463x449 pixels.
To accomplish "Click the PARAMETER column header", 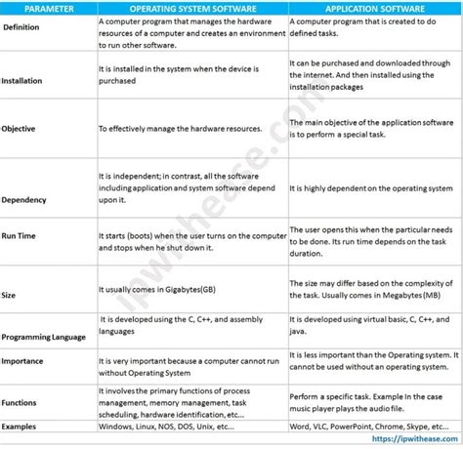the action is pyautogui.click(x=46, y=9).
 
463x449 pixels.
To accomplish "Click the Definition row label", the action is pyautogui.click(x=22, y=27).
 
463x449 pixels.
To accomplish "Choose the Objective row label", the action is pyautogui.click(x=21, y=128).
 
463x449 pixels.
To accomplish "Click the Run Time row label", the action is pyautogui.click(x=22, y=236).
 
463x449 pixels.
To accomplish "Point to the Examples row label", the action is pyautogui.click(x=21, y=427).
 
